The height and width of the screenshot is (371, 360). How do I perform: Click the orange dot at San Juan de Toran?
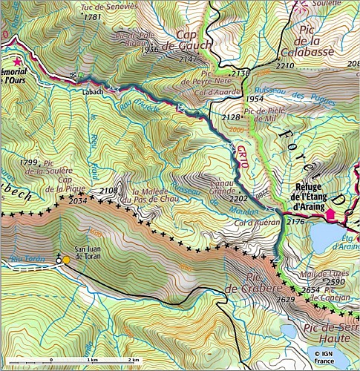click(x=66, y=260)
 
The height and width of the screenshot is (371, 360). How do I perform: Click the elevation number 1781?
click(x=93, y=16)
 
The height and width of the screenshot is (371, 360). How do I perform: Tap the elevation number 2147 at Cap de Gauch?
click(x=189, y=59)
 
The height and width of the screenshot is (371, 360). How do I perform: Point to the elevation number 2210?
click(x=285, y=66)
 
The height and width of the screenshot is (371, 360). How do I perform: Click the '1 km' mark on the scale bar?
click(x=92, y=359)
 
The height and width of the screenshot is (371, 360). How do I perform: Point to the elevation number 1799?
click(x=29, y=162)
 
